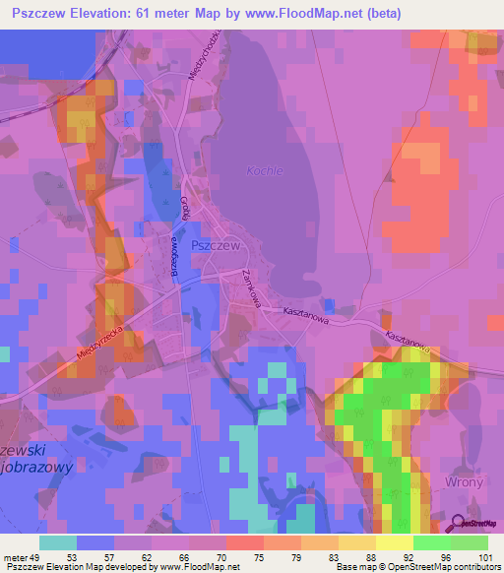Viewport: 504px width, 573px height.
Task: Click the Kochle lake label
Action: tap(264, 170)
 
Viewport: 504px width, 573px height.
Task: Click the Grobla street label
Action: tap(184, 211)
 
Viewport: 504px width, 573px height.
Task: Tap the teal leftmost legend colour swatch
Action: tap(58, 541)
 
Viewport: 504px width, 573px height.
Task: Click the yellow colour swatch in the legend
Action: tap(395, 541)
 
